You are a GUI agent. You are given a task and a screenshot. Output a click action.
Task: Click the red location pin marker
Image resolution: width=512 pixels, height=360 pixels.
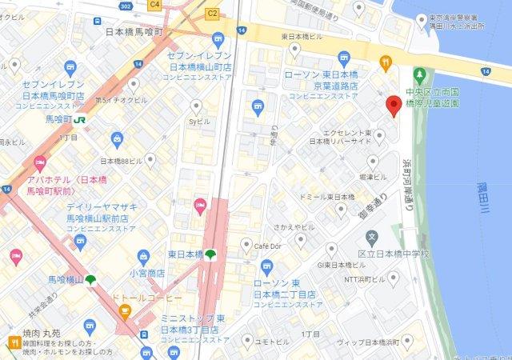393,106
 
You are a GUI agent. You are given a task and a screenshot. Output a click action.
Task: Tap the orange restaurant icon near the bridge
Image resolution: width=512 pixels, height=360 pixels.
386,62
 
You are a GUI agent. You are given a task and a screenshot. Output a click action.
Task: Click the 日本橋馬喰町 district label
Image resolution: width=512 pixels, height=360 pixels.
134,32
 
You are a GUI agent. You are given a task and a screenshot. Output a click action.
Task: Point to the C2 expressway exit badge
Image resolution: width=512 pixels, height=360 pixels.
212,13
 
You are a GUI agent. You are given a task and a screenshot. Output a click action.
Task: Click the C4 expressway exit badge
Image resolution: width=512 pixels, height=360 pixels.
155,5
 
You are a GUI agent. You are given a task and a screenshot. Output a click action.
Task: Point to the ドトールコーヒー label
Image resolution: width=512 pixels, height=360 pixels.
152,298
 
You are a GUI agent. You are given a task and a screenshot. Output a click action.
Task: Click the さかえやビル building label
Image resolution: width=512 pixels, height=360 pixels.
293,226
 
